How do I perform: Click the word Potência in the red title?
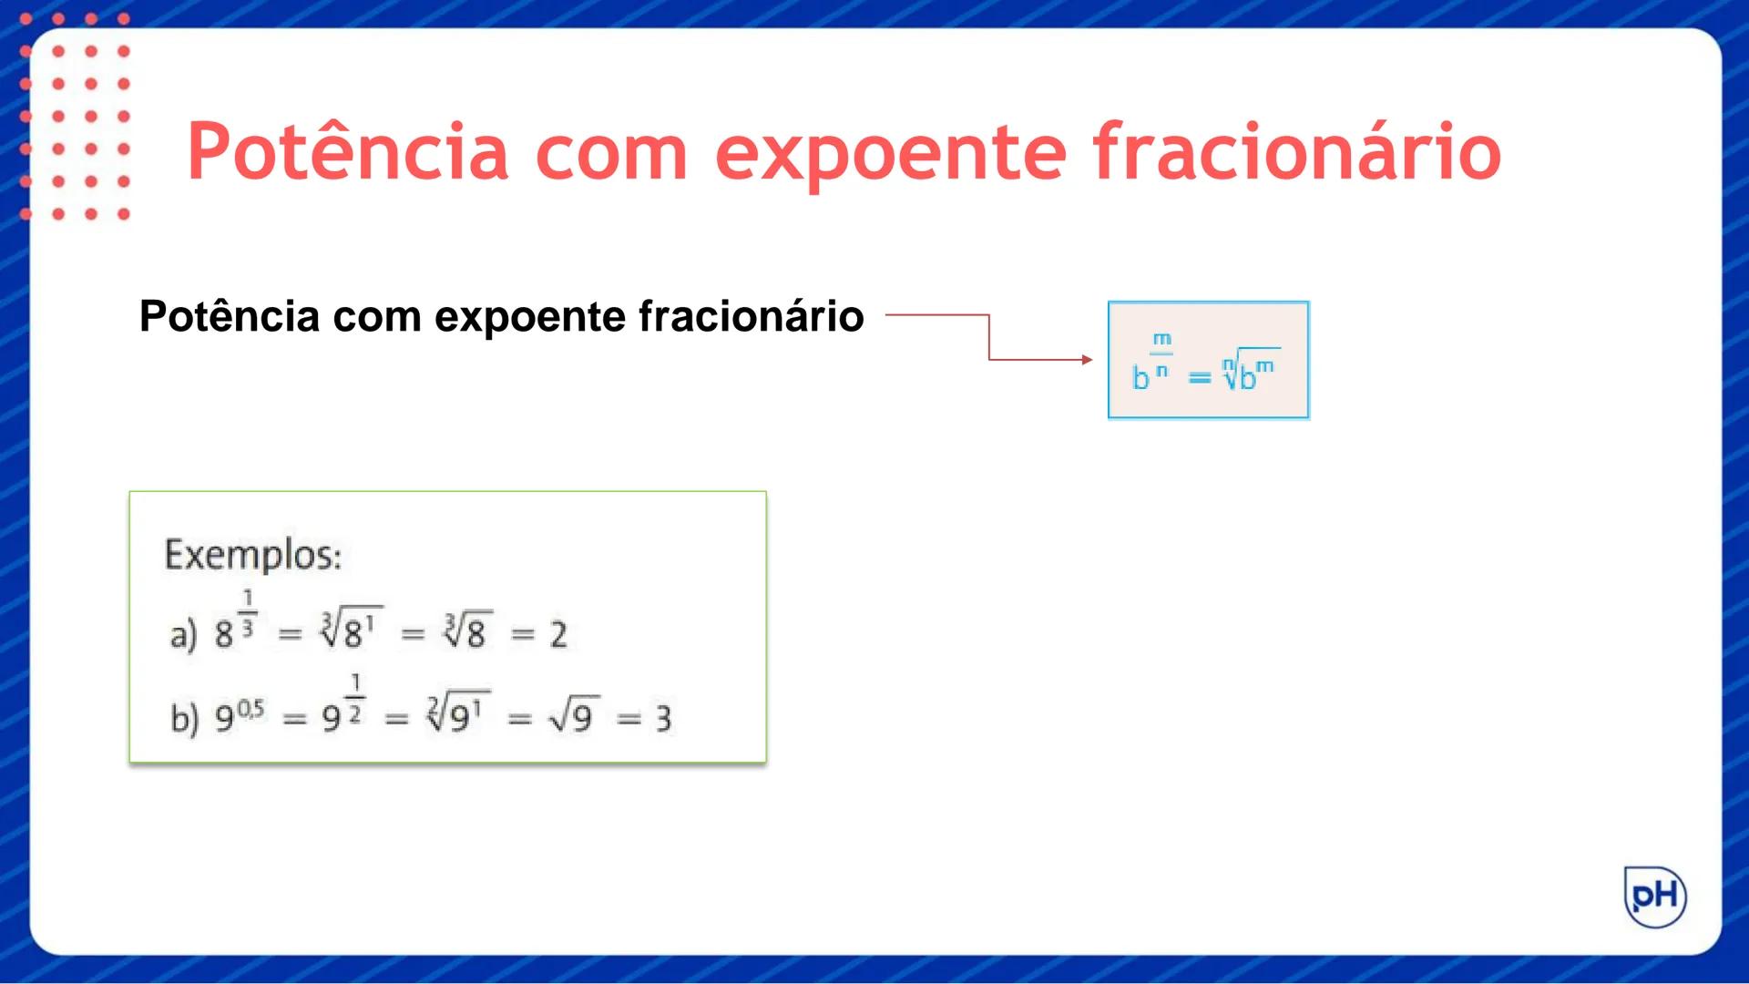pyautogui.click(x=347, y=151)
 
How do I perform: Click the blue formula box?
pyautogui.click(x=1208, y=360)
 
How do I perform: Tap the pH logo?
pyautogui.click(x=1655, y=897)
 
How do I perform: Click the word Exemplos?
pyautogui.click(x=252, y=555)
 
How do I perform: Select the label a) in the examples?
pyautogui.click(x=183, y=634)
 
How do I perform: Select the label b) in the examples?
pyautogui.click(x=184, y=718)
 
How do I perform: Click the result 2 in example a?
pyautogui.click(x=558, y=634)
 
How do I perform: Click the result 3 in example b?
pyautogui.click(x=663, y=719)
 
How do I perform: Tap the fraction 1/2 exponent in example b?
pyautogui.click(x=355, y=699)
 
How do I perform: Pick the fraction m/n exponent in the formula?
pyautogui.click(x=1161, y=354)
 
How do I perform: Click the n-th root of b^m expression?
pyautogui.click(x=1250, y=371)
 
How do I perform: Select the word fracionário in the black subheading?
pyautogui.click(x=751, y=317)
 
